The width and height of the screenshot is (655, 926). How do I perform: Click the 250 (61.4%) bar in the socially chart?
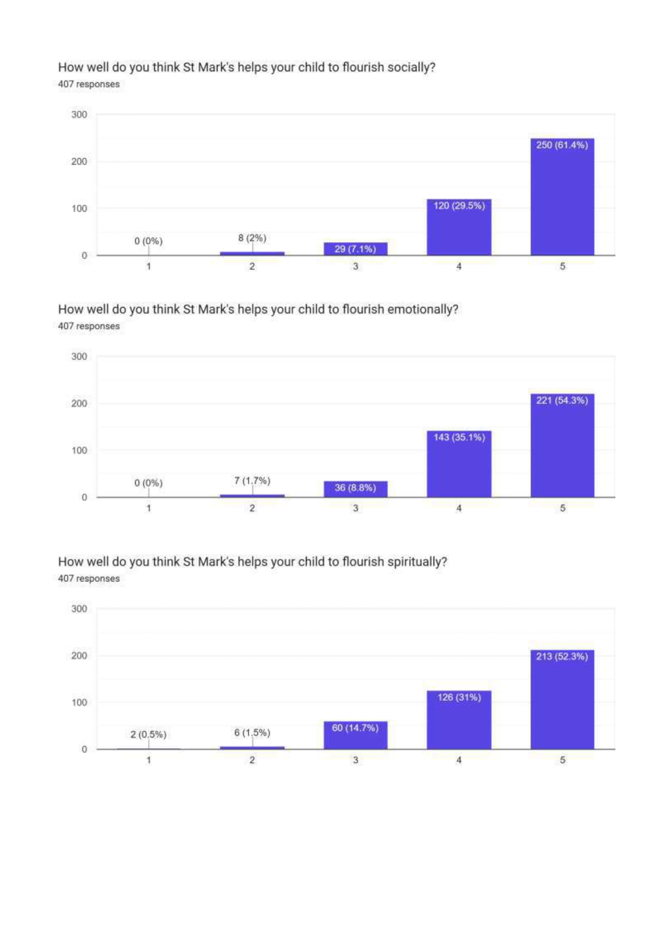click(562, 197)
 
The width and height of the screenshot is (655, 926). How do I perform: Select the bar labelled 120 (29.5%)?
click(459, 227)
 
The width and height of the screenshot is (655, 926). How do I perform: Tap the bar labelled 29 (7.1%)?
click(355, 249)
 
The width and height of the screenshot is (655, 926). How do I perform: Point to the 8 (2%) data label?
click(252, 238)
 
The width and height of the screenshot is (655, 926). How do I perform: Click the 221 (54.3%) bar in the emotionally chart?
click(562, 445)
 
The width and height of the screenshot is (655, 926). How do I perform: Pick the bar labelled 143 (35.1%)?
click(459, 464)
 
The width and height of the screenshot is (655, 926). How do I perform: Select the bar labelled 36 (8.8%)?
click(355, 489)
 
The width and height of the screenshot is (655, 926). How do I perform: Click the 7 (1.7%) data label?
click(252, 481)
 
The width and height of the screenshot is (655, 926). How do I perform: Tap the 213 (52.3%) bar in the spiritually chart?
click(562, 700)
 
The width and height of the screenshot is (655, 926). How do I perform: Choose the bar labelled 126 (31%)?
click(459, 720)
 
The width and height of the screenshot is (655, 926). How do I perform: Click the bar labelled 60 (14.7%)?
click(355, 736)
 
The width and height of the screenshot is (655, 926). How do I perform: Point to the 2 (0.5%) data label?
click(148, 734)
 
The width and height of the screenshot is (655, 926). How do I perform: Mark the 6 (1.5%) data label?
click(252, 733)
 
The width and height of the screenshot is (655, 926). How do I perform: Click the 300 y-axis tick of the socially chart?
click(79, 114)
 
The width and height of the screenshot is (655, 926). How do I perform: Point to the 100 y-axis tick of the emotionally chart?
click(79, 451)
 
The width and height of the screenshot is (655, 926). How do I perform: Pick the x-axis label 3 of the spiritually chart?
click(356, 760)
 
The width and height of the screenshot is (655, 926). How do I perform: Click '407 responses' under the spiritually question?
click(89, 579)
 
